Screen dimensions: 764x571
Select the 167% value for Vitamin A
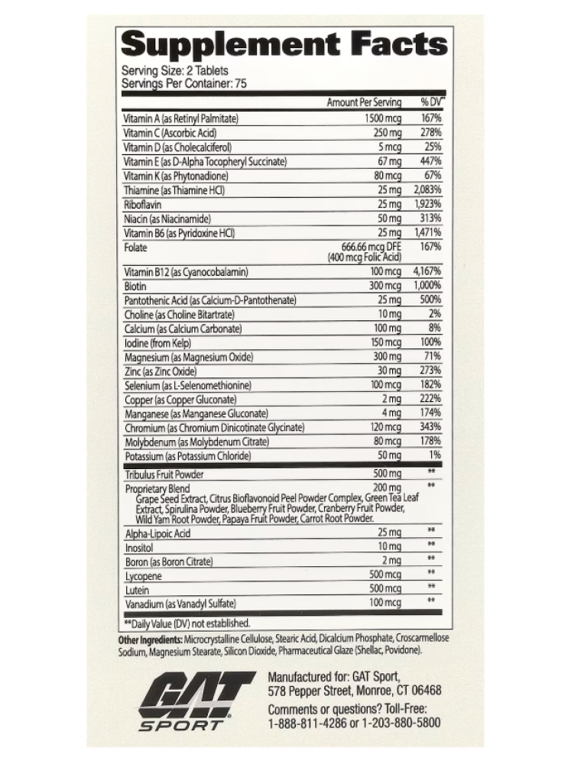431,118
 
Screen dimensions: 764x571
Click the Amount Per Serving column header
364,102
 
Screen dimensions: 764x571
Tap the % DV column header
433,102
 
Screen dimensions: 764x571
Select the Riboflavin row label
143,204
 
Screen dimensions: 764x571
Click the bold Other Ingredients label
150,639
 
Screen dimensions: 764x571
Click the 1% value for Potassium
435,455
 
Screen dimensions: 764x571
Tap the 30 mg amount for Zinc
388,371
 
